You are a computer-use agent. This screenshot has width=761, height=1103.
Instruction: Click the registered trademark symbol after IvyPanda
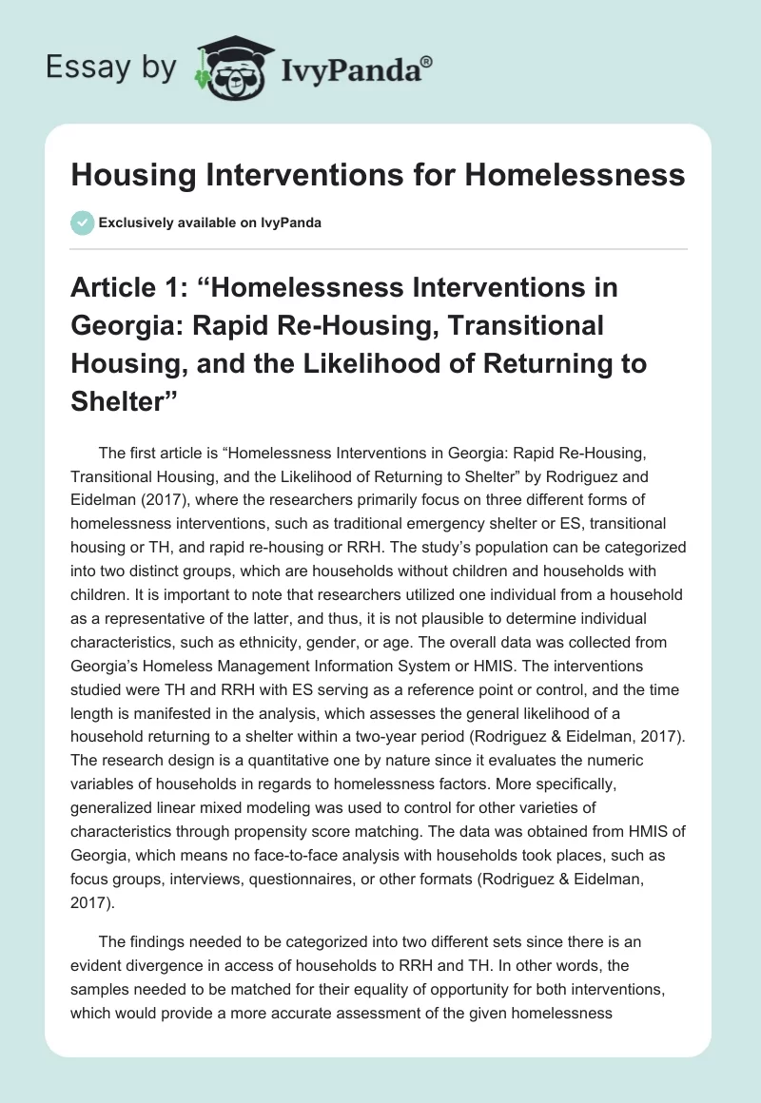coord(427,60)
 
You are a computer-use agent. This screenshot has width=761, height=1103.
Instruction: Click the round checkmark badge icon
coord(82,223)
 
